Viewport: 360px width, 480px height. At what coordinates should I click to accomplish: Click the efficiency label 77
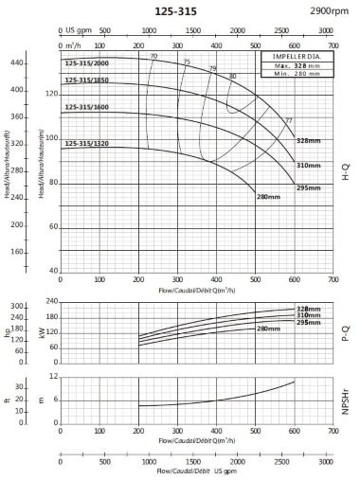coord(289,120)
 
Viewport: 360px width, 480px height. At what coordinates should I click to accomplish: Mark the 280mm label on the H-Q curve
coord(270,197)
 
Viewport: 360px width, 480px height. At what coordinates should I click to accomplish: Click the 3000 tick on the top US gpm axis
coord(326,30)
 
